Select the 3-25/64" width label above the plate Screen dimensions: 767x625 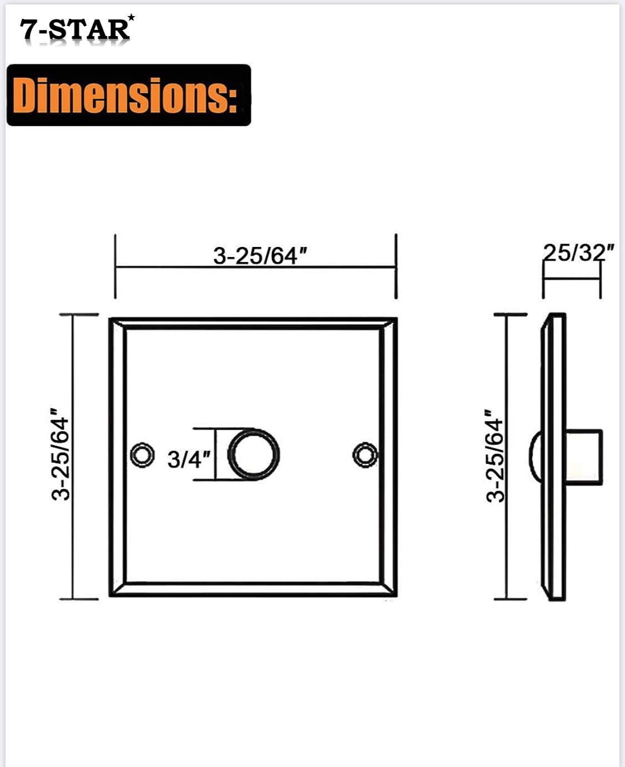pos(260,255)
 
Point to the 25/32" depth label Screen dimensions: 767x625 pos(578,253)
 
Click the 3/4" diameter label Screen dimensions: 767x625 pos(189,459)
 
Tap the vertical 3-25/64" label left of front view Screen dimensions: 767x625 pos(61,455)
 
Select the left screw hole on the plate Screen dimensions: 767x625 pos(142,455)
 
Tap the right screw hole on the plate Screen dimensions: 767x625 pos(365,455)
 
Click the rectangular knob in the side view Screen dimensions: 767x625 pos(584,457)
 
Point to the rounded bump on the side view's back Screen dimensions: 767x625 pos(534,457)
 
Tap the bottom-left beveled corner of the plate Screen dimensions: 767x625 pos(118,589)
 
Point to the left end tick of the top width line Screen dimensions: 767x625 pos(115,266)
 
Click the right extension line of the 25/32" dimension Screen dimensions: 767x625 pos(601,280)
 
